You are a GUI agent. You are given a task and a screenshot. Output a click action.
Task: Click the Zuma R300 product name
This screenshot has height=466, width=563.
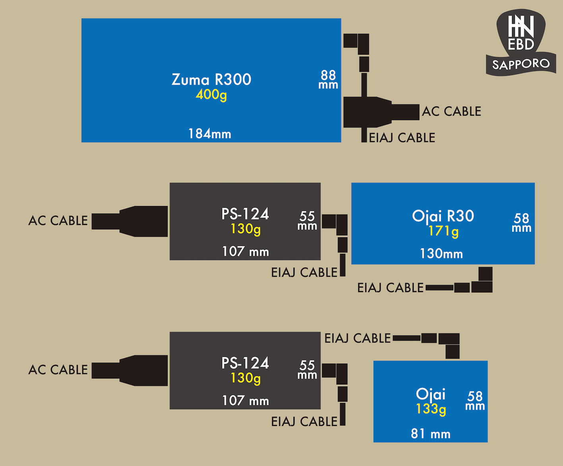211,79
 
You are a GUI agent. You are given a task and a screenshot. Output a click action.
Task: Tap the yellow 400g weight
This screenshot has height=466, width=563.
211,95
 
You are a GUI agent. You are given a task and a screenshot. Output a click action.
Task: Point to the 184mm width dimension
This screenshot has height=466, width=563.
210,134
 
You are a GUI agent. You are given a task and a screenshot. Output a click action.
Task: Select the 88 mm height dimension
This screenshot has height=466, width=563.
328,79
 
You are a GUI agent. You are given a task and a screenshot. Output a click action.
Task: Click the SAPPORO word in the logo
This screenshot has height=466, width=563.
521,64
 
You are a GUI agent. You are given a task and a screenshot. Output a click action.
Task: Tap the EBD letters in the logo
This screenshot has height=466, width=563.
521,44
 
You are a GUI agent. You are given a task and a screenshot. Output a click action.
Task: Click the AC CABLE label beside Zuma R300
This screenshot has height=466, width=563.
451,112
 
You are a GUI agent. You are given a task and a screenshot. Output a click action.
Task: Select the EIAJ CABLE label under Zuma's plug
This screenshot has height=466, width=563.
402,138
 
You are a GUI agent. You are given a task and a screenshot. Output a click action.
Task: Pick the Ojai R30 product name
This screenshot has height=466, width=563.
443,216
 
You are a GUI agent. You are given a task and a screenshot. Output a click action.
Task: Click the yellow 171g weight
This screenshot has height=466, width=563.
443,231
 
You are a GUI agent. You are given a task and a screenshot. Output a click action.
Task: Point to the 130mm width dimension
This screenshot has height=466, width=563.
441,254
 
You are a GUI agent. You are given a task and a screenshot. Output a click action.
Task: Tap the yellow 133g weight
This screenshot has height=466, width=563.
431,409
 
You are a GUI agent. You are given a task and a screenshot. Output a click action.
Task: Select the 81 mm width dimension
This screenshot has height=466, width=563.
431,434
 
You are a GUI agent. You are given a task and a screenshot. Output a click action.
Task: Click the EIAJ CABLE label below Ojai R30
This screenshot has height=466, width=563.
390,288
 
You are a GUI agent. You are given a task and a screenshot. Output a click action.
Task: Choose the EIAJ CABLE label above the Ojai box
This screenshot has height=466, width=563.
358,338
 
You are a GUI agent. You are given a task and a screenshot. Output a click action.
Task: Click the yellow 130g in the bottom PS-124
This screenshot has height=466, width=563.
246,378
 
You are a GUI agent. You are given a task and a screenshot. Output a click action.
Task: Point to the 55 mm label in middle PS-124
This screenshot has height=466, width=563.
308,221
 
